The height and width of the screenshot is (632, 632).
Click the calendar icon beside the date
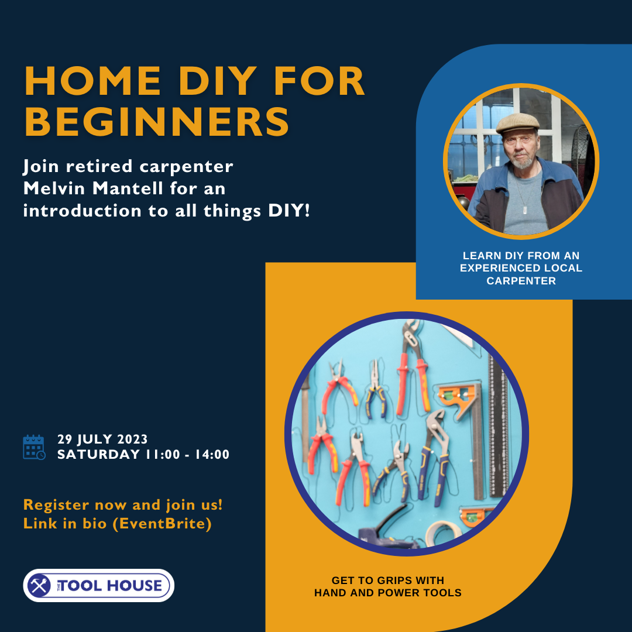33,447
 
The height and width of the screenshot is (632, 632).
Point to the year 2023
132,439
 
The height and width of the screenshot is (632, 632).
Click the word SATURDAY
98,455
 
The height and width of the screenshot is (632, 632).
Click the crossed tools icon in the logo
40,585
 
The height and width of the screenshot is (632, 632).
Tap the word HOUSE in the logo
137,585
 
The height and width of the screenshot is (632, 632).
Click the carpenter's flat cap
517,122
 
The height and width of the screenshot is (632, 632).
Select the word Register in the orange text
56,504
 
